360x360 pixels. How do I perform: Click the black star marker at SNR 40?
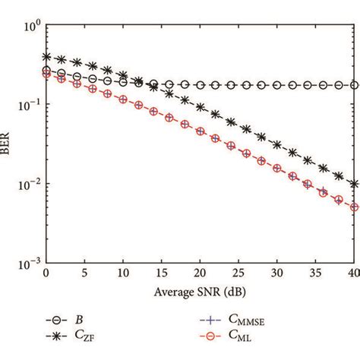[x=353, y=184]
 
